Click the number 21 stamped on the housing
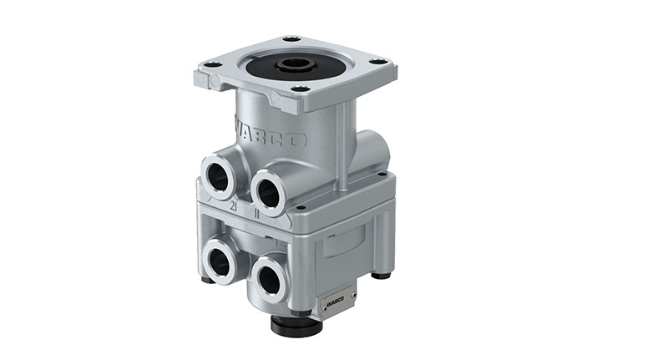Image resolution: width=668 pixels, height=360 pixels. (x=233, y=205)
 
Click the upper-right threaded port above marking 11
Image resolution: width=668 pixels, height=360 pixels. (x=268, y=191)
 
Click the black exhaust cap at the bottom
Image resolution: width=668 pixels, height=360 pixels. (x=296, y=325)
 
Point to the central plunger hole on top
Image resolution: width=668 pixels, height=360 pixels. (x=295, y=64)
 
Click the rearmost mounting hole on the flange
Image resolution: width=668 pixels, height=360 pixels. (x=291, y=38)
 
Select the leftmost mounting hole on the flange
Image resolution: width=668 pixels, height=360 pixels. (x=212, y=64)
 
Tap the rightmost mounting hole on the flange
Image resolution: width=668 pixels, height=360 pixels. (x=377, y=61)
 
